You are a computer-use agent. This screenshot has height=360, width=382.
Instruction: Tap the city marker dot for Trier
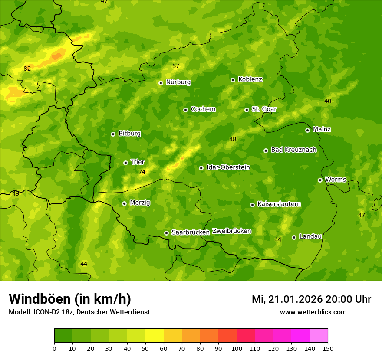point(126,163)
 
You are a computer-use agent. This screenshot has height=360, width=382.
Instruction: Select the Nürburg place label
point(178,82)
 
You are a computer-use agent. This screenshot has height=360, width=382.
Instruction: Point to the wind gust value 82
point(27,69)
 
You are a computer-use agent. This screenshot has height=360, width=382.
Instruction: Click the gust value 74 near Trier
point(142,172)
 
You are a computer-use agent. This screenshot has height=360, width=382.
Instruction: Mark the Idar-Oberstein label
point(228,167)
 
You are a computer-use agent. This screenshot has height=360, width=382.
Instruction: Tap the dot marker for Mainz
point(307,130)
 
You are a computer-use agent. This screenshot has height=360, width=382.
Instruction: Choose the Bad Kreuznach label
point(293,150)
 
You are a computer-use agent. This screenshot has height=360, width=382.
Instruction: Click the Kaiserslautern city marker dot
point(252,205)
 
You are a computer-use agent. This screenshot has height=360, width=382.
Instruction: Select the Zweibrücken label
point(231,231)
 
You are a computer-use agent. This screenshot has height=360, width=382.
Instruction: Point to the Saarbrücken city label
point(191,232)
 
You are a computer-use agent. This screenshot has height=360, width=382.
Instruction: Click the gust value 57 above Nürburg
point(176,66)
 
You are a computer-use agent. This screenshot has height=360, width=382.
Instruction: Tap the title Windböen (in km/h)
point(70,299)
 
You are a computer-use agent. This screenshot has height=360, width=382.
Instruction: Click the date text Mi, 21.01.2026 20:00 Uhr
point(311,299)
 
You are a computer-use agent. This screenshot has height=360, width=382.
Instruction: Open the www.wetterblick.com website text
point(313,312)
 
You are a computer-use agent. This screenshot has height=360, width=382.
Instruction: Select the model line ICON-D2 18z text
point(79,312)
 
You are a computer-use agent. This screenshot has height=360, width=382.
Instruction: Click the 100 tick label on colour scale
point(237,348)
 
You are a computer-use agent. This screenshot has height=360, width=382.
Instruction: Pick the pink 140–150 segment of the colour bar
point(319,335)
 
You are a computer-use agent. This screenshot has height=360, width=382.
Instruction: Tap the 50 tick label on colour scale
point(145,348)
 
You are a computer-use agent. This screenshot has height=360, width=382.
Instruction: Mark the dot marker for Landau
point(294,237)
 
